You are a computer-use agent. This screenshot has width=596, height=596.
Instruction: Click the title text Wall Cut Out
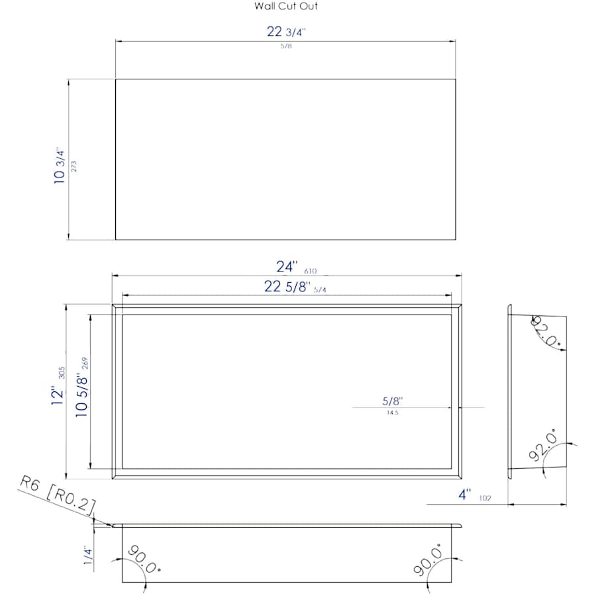[286, 7]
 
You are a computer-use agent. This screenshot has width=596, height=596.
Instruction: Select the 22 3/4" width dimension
[285, 32]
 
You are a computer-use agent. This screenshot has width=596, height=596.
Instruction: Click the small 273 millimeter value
[74, 166]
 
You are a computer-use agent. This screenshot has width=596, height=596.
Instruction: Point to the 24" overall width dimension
[287, 267]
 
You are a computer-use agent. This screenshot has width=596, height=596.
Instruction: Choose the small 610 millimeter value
[311, 271]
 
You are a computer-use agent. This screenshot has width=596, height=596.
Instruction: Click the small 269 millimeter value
[85, 364]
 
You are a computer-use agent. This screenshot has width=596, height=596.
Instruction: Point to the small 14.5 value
[391, 413]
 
